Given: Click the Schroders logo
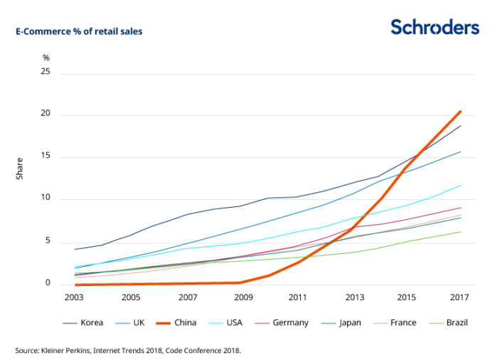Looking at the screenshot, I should (435, 27).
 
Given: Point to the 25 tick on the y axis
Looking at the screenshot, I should (46, 73).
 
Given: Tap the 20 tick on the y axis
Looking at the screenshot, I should (46, 115).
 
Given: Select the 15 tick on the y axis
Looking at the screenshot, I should (46, 157).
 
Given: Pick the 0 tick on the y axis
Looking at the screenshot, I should (48, 283).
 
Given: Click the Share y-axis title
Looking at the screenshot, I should (20, 168).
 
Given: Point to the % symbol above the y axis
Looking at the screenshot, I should (46, 57).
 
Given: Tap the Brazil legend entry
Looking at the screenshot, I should (449, 322).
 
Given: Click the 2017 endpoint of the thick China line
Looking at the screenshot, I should (460, 111).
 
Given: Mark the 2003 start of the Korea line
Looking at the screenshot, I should (75, 249).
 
